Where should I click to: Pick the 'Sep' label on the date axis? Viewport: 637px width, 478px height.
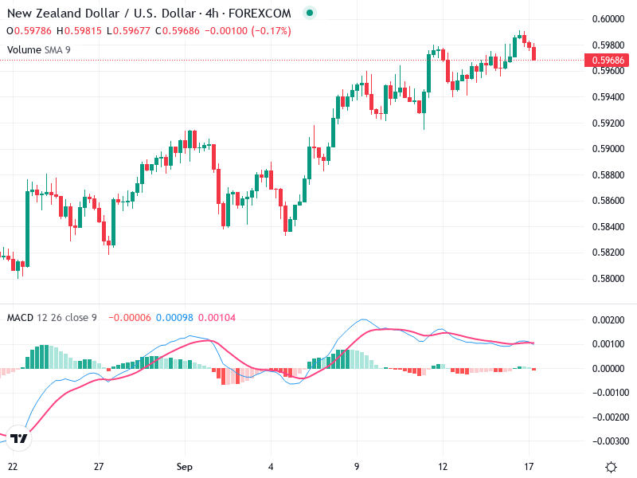point(185,466)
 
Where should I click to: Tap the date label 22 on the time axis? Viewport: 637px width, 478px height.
point(13,466)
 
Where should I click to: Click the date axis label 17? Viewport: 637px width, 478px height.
point(529,466)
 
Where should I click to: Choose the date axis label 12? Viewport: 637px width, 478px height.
point(443,466)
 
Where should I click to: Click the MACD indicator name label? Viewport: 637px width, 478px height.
point(21,318)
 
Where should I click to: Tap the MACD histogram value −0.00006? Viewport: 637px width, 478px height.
point(128,318)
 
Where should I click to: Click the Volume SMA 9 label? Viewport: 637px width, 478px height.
point(39,49)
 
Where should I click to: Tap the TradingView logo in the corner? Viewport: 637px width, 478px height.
point(20,438)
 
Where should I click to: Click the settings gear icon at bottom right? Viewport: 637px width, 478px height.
point(611,466)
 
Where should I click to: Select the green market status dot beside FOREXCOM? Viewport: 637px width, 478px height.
point(310,14)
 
